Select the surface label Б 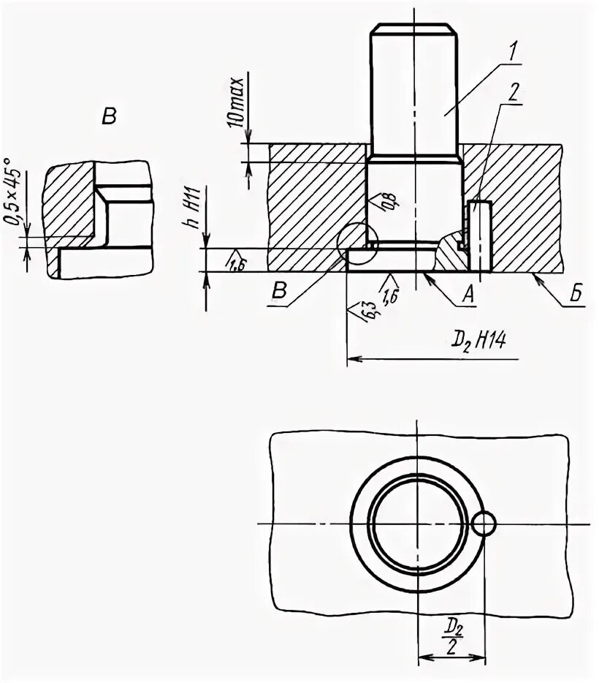pyautogui.click(x=576, y=295)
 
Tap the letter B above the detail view pyautogui.click(x=109, y=117)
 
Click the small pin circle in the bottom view pyautogui.click(x=484, y=524)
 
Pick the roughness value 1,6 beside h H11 pyautogui.click(x=236, y=263)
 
